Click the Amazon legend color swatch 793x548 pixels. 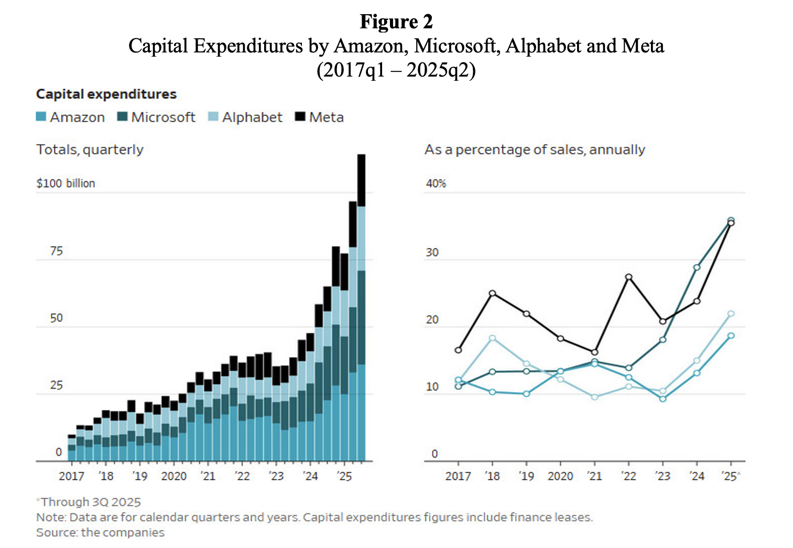pyautogui.click(x=41, y=116)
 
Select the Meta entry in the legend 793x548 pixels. pyautogui.click(x=326, y=117)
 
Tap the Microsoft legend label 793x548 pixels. pyautogui.click(x=163, y=117)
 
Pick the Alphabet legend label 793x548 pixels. pyautogui.click(x=252, y=117)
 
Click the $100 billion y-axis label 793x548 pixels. pyautogui.click(x=66, y=184)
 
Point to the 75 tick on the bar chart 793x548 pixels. pyautogui.click(x=56, y=251)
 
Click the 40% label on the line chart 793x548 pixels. pyautogui.click(x=436, y=184)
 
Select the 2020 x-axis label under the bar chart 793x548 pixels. pyautogui.click(x=173, y=476)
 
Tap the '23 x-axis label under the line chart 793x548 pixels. pyautogui.click(x=662, y=476)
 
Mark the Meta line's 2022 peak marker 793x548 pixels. pyautogui.click(x=628, y=277)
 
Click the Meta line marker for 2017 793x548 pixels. pyautogui.click(x=458, y=350)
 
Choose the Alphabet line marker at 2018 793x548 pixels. pyautogui.click(x=492, y=338)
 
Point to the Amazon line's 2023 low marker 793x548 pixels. pyautogui.click(x=662, y=399)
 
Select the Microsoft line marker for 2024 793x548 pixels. pyautogui.click(x=697, y=267)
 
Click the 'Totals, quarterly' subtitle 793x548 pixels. pyautogui.click(x=90, y=150)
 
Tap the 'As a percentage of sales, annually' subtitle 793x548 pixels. pyautogui.click(x=535, y=150)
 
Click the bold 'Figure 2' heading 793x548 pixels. pyautogui.click(x=396, y=22)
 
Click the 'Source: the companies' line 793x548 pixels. pyautogui.click(x=100, y=532)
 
